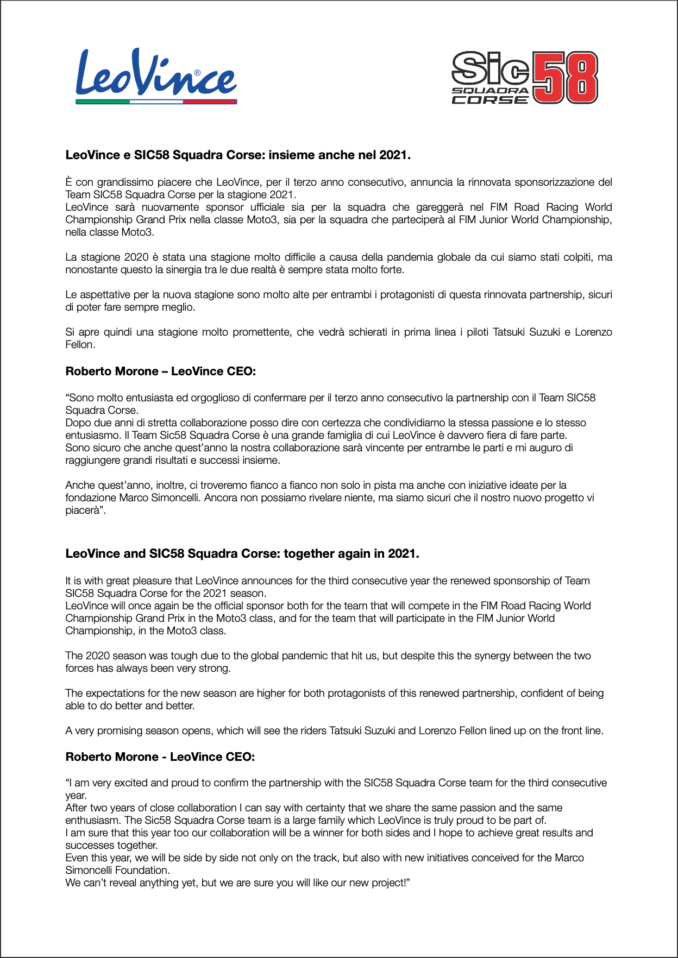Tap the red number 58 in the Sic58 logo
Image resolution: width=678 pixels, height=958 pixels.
(x=565, y=77)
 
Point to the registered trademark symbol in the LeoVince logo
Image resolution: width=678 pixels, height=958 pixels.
(x=197, y=72)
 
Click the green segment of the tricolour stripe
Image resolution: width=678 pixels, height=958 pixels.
(x=103, y=102)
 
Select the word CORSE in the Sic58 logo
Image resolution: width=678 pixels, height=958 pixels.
(x=490, y=99)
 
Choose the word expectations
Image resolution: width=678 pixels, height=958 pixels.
(x=122, y=693)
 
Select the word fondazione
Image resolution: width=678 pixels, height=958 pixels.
(x=90, y=497)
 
